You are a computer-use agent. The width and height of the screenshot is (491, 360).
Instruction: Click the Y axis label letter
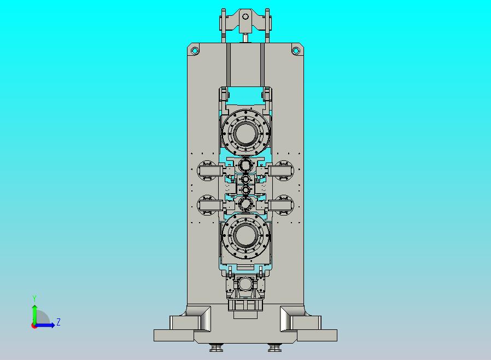pyautogui.click(x=34, y=298)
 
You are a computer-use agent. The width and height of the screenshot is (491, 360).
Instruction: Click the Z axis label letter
pyautogui.click(x=59, y=322)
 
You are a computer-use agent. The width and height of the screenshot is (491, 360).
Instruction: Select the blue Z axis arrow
pyautogui.click(x=44, y=326)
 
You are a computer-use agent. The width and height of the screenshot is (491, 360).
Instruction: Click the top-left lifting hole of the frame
pyautogui.click(x=195, y=50)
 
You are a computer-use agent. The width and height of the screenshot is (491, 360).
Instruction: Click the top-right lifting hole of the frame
pyautogui.click(x=296, y=50)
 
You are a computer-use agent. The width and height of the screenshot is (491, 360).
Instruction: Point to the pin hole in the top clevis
pyautogui.click(x=245, y=16)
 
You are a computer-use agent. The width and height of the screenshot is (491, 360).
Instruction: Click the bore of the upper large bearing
pyautogui.click(x=245, y=133)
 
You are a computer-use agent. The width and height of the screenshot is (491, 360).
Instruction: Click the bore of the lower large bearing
pyautogui.click(x=245, y=236)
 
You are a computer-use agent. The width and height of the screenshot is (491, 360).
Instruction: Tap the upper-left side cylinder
pyautogui.click(x=210, y=171)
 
